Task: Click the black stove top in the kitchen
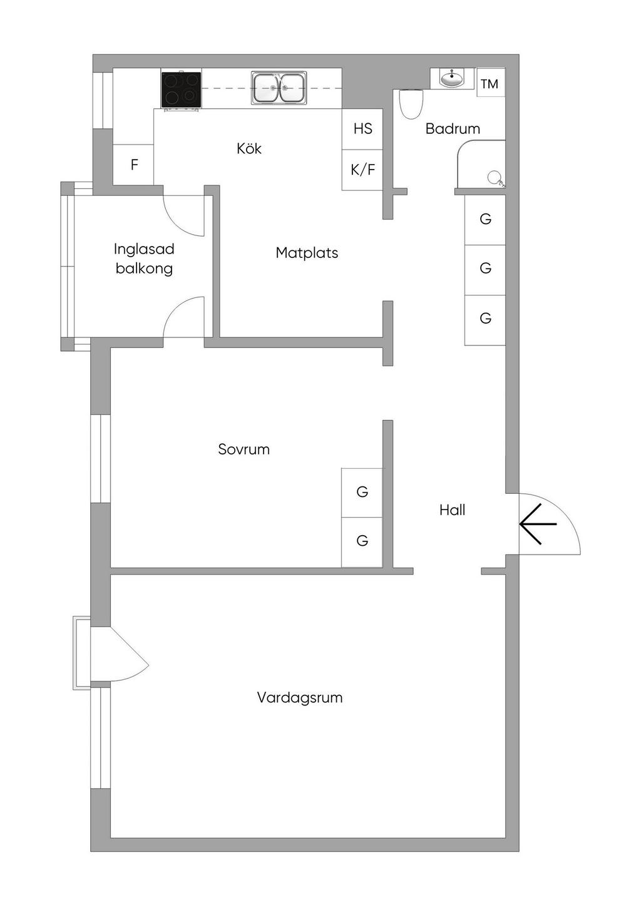tap(181, 90)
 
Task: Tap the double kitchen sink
tap(279, 88)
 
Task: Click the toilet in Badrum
tap(411, 104)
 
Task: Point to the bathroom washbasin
tap(452, 78)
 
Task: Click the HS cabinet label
tap(362, 129)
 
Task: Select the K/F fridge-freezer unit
tap(362, 170)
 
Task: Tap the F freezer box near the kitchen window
tap(133, 165)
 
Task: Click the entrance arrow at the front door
tap(538, 524)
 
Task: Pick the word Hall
tap(452, 510)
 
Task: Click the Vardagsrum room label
tap(300, 698)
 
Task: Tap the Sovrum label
tap(244, 449)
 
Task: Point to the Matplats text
tap(307, 253)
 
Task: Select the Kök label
tap(249, 148)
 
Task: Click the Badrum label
tap(453, 129)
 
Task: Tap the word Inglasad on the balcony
tap(144, 249)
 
